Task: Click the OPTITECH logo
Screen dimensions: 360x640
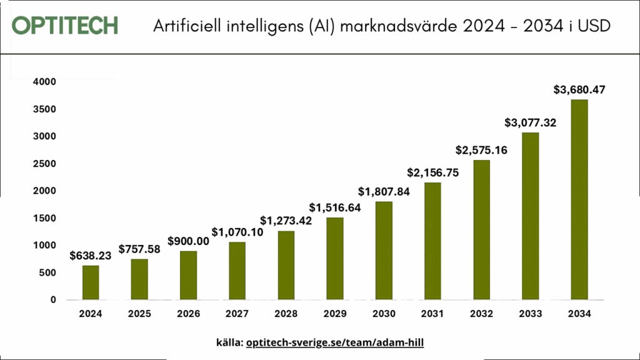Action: pyautogui.click(x=64, y=26)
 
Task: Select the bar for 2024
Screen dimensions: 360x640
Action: pyautogui.click(x=91, y=282)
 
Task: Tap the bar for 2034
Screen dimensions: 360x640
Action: pyautogui.click(x=579, y=199)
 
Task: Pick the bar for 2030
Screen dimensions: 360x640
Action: pyautogui.click(x=384, y=251)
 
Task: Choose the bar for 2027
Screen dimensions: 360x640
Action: pyautogui.click(x=237, y=271)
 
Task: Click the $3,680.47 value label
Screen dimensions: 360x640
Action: pyautogui.click(x=579, y=90)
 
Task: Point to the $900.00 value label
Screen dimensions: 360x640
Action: pyautogui.click(x=188, y=241)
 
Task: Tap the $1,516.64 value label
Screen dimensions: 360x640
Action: pyautogui.click(x=335, y=207)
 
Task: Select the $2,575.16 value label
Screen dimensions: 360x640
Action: pyautogui.click(x=482, y=150)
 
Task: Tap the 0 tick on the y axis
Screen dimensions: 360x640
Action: pyautogui.click(x=52, y=300)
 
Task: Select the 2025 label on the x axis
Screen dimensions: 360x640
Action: pyautogui.click(x=139, y=314)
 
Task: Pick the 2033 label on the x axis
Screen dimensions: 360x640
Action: pyautogui.click(x=530, y=314)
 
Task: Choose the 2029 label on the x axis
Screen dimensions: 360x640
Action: pyautogui.click(x=335, y=314)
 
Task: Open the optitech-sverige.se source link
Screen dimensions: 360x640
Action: pyautogui.click(x=335, y=343)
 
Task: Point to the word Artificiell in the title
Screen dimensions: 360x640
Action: pyautogui.click(x=187, y=27)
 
